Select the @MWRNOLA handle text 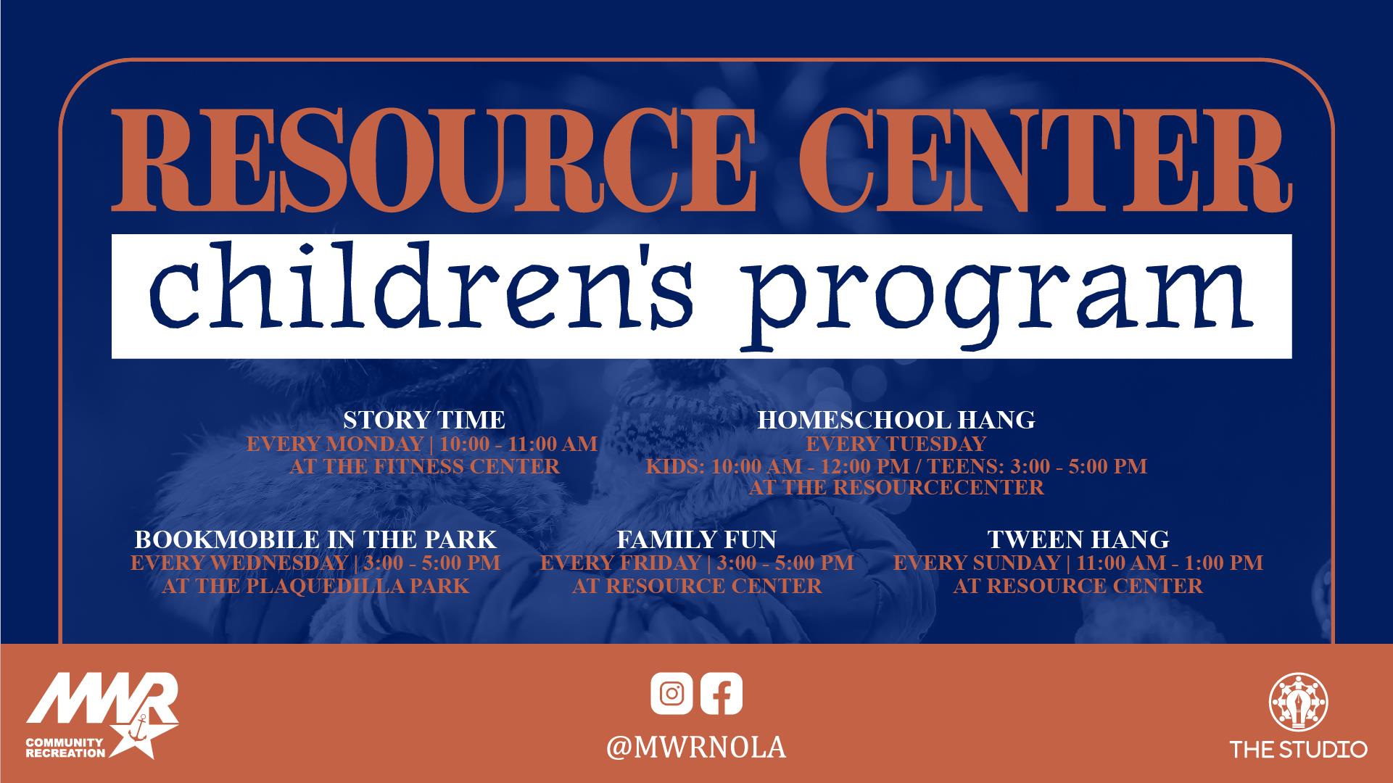[x=696, y=747]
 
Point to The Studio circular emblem [x=1298, y=703]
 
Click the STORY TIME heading [x=424, y=420]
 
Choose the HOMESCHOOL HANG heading [x=896, y=420]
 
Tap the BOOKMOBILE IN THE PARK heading [x=315, y=539]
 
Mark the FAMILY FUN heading [x=697, y=539]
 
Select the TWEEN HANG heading [x=1078, y=539]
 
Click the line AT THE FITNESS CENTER [x=424, y=465]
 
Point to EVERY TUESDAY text [x=896, y=444]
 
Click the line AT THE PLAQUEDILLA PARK [x=315, y=586]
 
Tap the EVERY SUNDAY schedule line [x=1078, y=563]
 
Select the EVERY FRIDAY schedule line [x=697, y=563]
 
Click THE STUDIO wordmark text [x=1298, y=749]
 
